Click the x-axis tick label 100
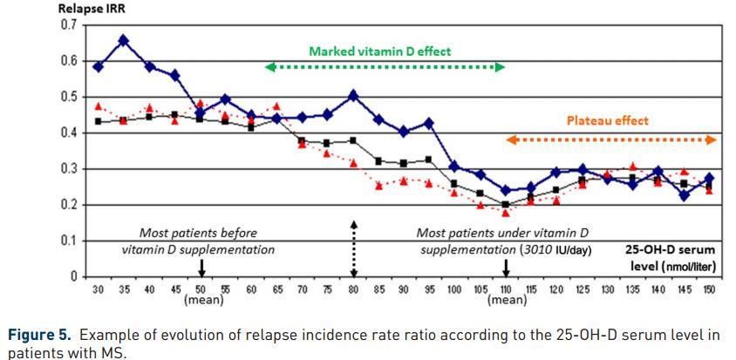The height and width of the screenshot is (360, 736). (454, 289)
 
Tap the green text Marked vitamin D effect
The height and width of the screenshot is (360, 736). (380, 51)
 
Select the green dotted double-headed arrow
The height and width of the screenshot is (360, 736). (385, 67)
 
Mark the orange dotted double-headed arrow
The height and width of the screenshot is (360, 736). (611, 139)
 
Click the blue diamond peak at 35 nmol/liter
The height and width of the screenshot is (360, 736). (124, 40)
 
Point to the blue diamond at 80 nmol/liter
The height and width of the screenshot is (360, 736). (352, 95)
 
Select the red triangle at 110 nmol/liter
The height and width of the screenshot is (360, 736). (506, 212)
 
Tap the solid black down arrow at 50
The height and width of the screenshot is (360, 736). (201, 267)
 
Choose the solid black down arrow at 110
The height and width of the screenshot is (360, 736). (506, 267)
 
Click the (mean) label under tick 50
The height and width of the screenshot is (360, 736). (203, 300)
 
